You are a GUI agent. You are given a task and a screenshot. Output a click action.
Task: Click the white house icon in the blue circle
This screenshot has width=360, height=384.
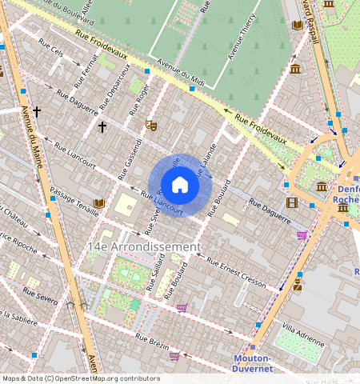coord(180,185)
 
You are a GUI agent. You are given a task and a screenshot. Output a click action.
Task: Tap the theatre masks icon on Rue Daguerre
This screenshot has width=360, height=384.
coord(150,126)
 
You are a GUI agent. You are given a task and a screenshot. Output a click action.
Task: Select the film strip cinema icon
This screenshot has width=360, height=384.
coord(292,202)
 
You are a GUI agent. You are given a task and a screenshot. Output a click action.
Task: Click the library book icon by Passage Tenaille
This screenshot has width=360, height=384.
coord(99,204)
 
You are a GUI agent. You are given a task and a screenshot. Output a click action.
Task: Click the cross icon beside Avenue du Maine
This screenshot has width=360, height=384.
coord(37,113)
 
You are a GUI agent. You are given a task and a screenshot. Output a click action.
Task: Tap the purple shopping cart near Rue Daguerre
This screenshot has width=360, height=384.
coord(302,235)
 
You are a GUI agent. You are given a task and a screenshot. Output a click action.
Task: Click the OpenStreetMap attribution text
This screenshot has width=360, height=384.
coord(81,378)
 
